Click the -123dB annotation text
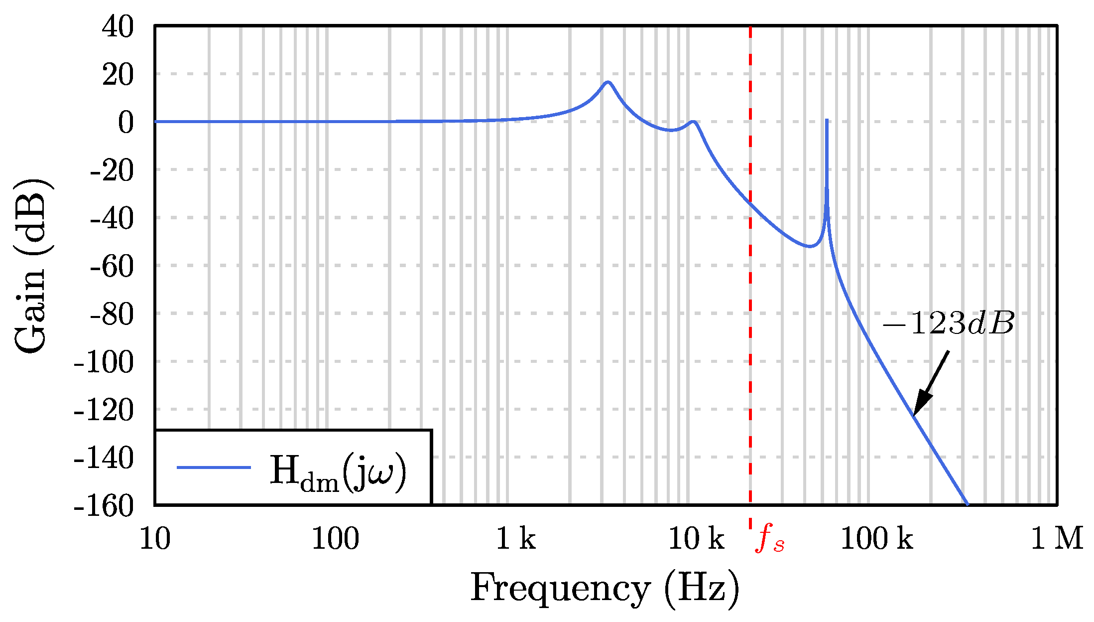click(948, 324)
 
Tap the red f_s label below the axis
click(769, 540)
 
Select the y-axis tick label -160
click(104, 506)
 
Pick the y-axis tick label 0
click(125, 122)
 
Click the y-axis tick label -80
click(112, 314)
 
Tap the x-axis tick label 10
click(155, 539)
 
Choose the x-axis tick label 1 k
click(516, 539)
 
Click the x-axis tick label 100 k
click(876, 539)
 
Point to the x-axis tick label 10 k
click(696, 539)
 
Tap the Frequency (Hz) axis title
click(605, 589)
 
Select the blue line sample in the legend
click(214, 467)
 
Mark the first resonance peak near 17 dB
click(608, 82)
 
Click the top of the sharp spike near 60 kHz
click(827, 121)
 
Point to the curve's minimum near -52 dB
click(810, 246)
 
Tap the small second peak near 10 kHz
click(693, 122)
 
